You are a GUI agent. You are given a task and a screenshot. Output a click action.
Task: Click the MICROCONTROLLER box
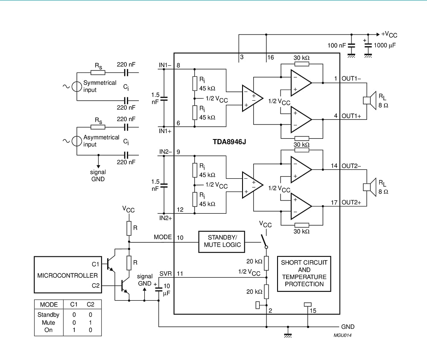[67, 275]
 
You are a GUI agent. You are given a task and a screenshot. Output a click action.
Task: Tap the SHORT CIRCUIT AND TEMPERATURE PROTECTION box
[304, 273]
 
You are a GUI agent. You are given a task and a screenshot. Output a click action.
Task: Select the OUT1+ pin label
[351, 116]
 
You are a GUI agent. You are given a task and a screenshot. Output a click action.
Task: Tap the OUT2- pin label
[351, 165]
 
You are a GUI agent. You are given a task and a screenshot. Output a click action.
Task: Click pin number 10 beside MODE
[180, 237]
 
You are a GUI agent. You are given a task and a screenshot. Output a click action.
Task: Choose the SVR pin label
[165, 273]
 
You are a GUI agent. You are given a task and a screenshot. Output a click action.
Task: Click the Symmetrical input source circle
[77, 87]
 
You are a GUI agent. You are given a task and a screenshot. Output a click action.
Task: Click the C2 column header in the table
[91, 305]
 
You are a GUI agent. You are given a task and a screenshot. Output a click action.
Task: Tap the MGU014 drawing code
[342, 335]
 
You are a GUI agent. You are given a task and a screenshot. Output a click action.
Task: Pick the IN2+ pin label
[165, 218]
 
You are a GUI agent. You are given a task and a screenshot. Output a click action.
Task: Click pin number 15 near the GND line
[313, 311]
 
